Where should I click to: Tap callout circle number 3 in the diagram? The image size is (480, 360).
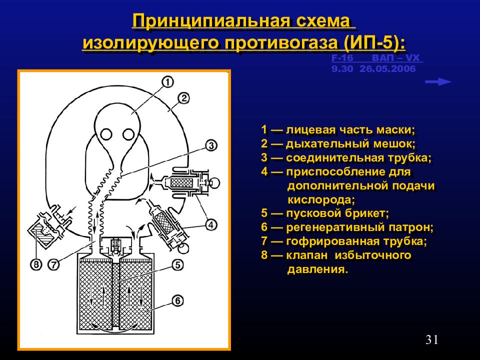click(x=210, y=145)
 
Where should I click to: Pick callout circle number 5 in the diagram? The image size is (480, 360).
click(x=178, y=264)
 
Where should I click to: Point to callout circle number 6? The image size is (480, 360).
click(x=178, y=300)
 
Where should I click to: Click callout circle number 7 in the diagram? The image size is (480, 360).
click(x=54, y=263)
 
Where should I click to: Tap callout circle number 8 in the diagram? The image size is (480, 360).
click(x=36, y=263)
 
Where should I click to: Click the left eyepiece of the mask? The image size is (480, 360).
click(x=106, y=134)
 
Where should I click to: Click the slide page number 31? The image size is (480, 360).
click(x=432, y=340)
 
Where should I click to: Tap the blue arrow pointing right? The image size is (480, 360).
click(x=438, y=82)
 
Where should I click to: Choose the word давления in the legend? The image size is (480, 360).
click(x=317, y=270)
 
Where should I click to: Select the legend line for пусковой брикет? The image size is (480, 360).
click(x=324, y=213)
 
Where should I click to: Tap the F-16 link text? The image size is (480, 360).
click(x=342, y=58)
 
